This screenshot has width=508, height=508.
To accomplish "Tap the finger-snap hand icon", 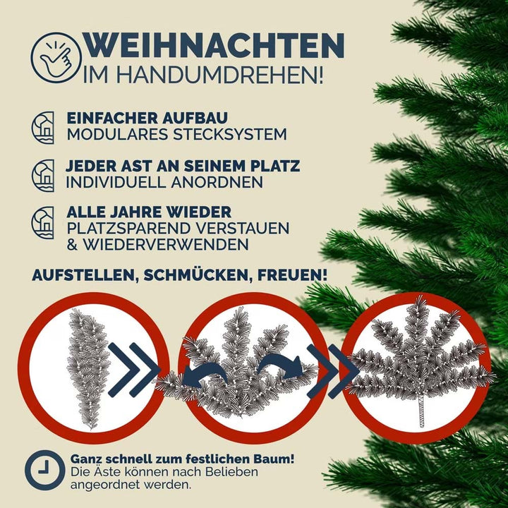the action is click(x=56, y=59).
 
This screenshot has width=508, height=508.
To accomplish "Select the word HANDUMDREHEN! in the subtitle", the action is click(x=219, y=75).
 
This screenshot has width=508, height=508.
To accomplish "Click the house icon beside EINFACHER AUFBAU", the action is click(x=43, y=128).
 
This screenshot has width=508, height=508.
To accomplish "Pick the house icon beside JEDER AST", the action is click(x=43, y=176).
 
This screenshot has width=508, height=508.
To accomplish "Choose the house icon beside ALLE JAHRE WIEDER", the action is click(x=43, y=222).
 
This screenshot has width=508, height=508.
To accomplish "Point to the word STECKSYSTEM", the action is click(x=230, y=135).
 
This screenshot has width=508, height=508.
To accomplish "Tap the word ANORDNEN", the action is click(x=217, y=182).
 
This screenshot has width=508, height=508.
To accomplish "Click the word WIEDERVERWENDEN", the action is click(x=165, y=244).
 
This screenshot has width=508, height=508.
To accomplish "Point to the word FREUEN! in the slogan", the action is click(x=292, y=275).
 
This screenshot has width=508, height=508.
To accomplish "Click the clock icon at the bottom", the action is click(x=45, y=470).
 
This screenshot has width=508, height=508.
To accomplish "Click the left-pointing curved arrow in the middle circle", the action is click(x=204, y=374).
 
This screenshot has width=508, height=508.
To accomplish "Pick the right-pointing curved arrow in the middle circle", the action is click(x=282, y=365).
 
